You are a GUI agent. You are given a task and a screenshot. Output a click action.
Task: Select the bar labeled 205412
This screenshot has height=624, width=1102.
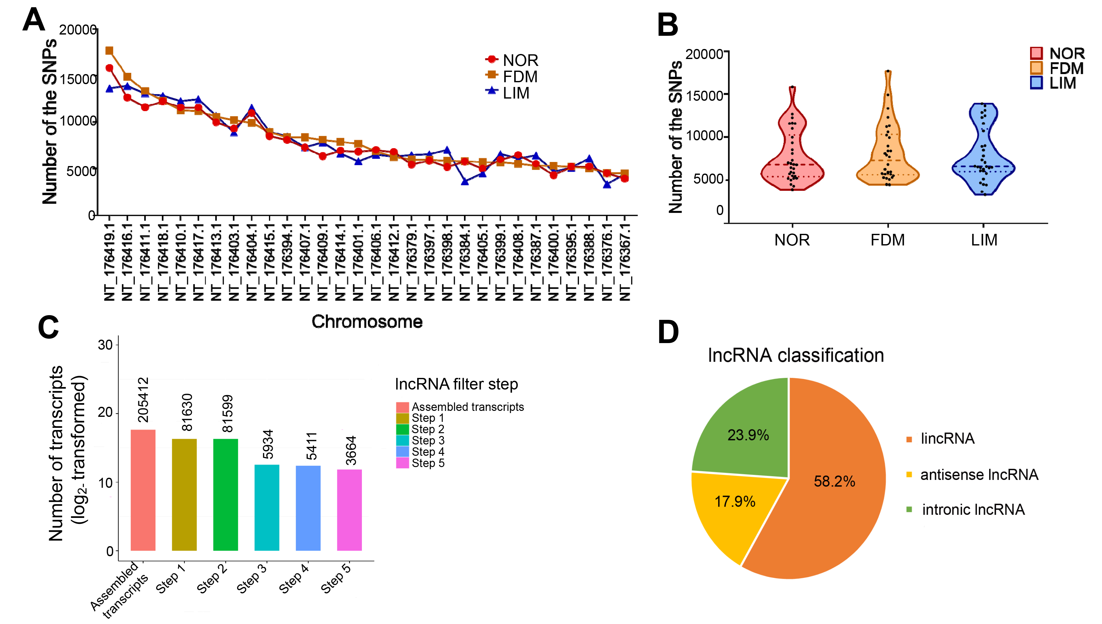[143, 490]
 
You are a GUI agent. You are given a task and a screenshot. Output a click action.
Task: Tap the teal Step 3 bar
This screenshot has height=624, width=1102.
[267, 508]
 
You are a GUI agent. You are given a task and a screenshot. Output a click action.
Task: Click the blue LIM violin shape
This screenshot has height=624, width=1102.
[984, 154]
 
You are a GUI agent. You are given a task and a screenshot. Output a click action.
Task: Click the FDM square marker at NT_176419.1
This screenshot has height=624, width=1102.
[109, 51]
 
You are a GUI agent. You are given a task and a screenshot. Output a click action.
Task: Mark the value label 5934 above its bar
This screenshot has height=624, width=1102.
[268, 444]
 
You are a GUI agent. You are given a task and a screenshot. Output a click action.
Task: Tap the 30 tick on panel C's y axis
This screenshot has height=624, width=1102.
[105, 345]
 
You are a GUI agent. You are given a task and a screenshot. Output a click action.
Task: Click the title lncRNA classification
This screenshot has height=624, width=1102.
[795, 355]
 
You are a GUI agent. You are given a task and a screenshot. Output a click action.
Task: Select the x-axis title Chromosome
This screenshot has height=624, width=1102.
[367, 321]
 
